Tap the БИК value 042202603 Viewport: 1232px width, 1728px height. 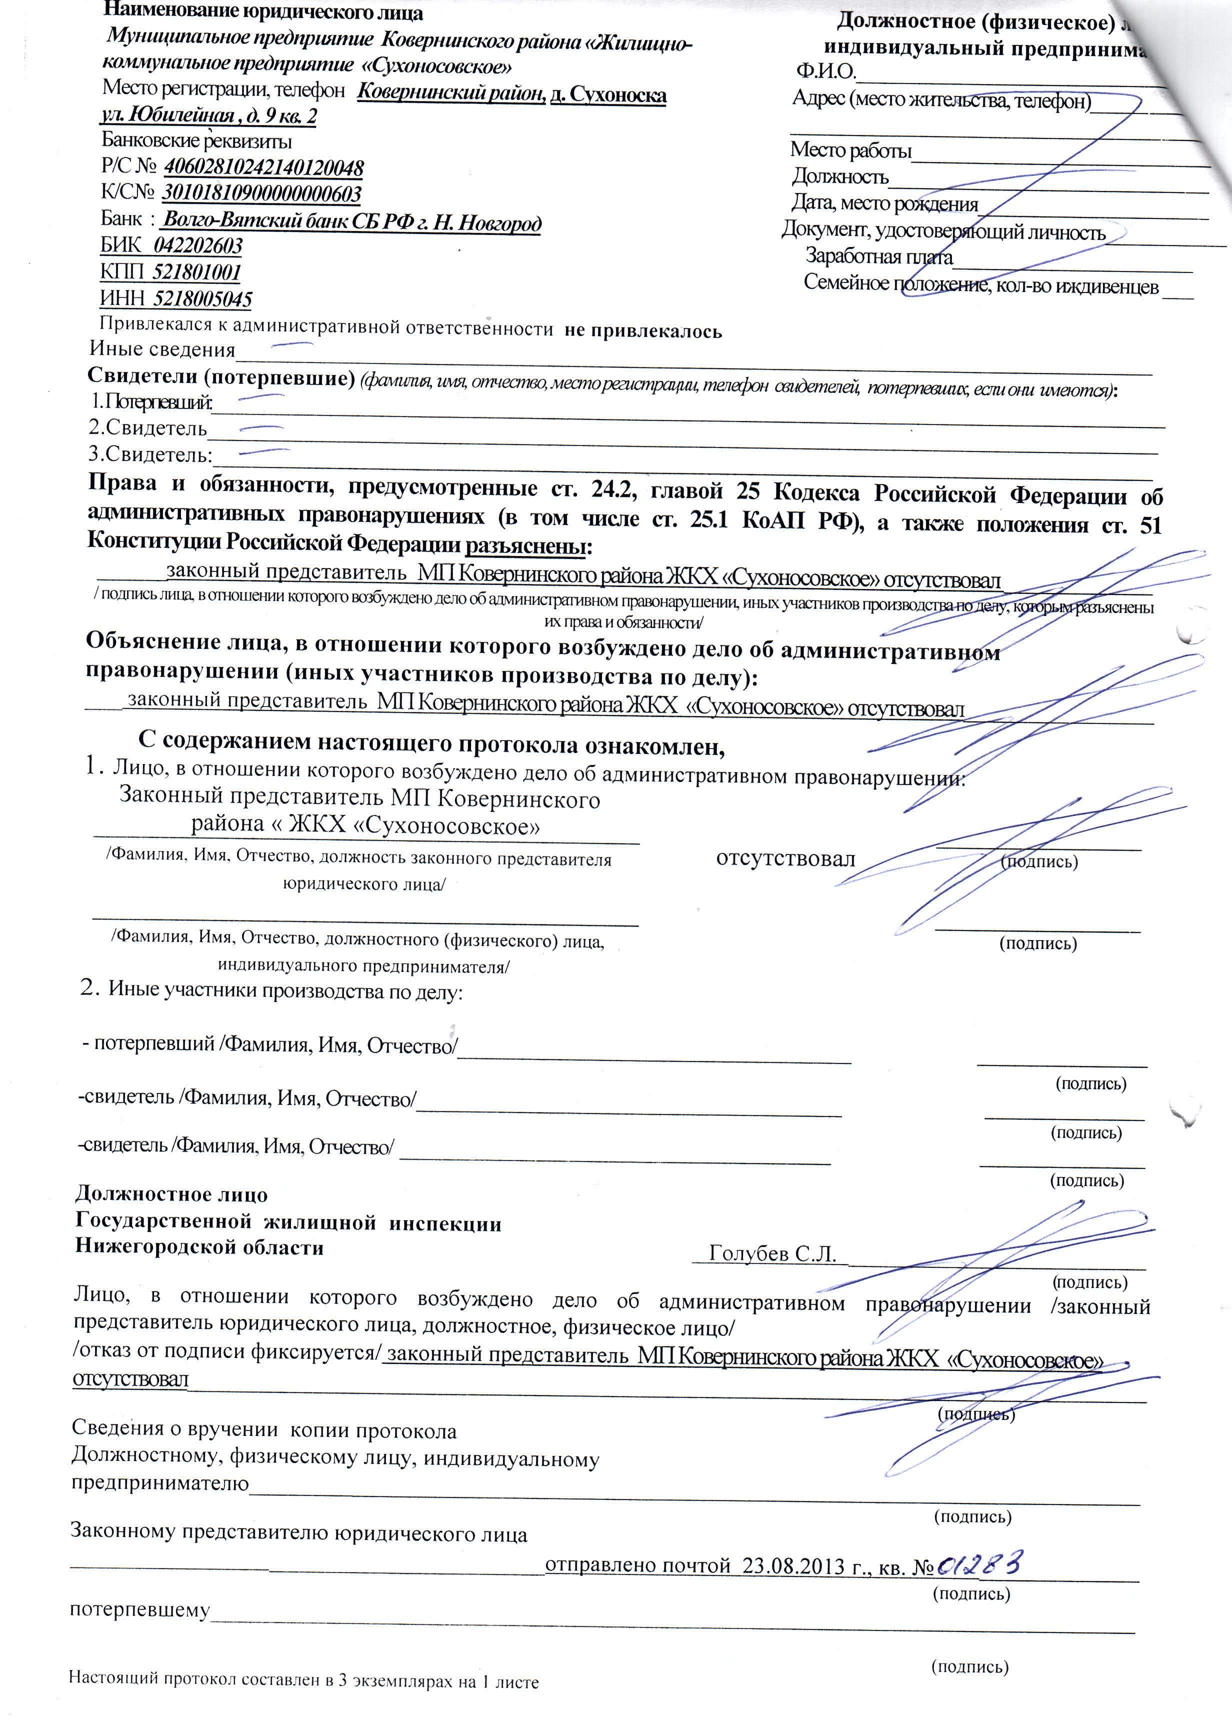(x=198, y=246)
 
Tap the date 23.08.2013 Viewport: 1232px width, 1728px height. (x=793, y=1567)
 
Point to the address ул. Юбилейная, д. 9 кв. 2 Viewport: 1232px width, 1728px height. (x=209, y=116)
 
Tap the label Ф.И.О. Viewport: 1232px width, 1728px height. (x=825, y=72)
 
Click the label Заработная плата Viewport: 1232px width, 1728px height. (x=878, y=256)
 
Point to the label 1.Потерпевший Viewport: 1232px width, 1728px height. (x=151, y=401)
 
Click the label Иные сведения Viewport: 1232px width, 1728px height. (x=162, y=349)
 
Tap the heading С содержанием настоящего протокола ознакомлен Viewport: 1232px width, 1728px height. (x=431, y=743)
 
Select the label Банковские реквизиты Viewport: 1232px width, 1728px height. (x=196, y=141)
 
